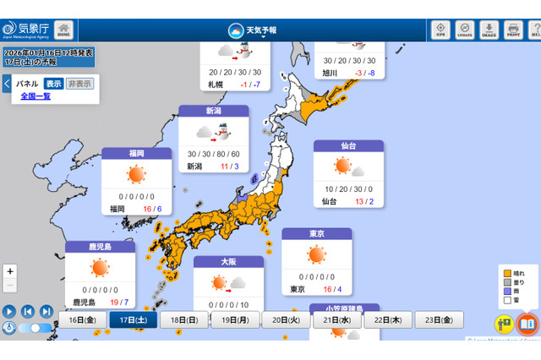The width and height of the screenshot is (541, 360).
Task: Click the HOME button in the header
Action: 63,30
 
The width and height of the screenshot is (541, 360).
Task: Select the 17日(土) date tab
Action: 133,320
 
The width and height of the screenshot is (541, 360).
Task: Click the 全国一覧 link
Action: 36,96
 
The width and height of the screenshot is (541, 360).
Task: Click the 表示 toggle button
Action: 53,84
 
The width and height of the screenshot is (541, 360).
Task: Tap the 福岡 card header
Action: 136,154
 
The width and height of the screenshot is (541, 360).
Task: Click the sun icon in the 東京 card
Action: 316,254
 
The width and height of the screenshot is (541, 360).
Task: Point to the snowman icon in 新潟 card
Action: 222,133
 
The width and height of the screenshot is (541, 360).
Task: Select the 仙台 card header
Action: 347,146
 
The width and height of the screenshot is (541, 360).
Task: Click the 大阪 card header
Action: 228,262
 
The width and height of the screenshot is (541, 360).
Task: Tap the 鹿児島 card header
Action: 100,247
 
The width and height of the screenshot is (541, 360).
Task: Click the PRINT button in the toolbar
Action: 512,30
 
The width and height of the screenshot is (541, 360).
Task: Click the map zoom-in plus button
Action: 9,271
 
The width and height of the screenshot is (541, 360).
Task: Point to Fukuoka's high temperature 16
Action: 146,208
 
